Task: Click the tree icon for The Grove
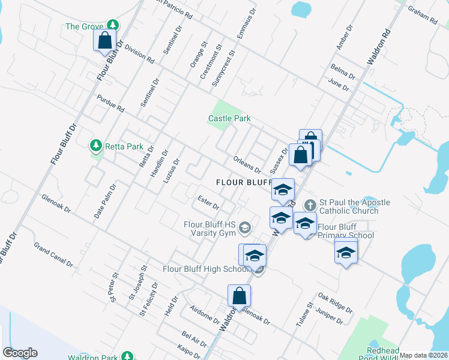pos(112,25)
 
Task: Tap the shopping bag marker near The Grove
pos(104,41)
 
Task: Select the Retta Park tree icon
pos(95,146)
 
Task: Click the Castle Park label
pos(229,119)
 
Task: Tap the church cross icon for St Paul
pos(310,205)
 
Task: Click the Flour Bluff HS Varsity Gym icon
pos(244,227)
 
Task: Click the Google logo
pos(20,353)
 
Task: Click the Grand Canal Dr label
pos(53,255)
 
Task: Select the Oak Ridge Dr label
pos(335,303)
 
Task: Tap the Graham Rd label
pos(424,16)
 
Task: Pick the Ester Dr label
pos(208,202)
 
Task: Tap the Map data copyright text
pos(423,355)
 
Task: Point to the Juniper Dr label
pos(330,317)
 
